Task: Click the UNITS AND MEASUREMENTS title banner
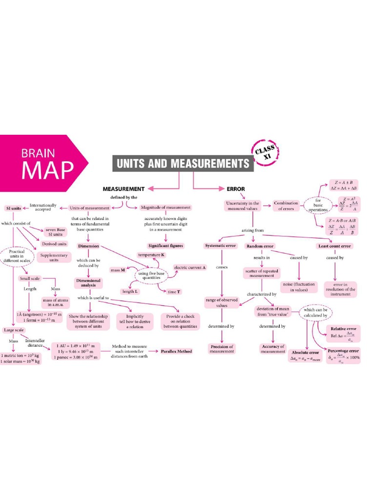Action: click(x=183, y=163)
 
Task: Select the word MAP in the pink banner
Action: click(x=48, y=169)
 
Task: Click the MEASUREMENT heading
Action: click(x=123, y=188)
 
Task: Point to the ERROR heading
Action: click(x=235, y=188)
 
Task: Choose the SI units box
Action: click(x=13, y=208)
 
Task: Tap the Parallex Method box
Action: click(x=177, y=351)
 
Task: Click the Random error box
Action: click(x=262, y=246)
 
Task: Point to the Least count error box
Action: click(x=334, y=246)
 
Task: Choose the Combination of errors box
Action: click(x=286, y=206)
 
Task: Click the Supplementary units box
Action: click(x=53, y=257)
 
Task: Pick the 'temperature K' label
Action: click(x=151, y=255)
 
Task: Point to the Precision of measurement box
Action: click(x=222, y=349)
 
